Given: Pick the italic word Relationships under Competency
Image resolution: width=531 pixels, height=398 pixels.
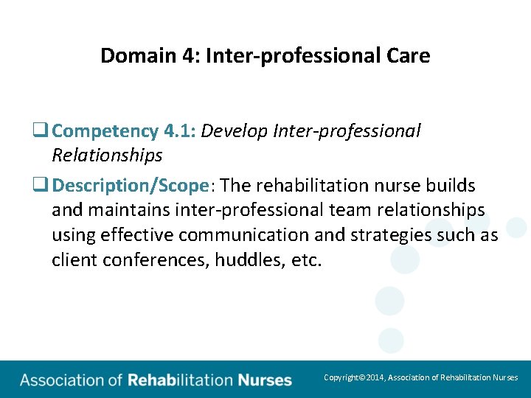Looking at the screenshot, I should [x=107, y=156].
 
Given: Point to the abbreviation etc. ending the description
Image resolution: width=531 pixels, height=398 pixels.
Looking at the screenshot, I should [x=306, y=260].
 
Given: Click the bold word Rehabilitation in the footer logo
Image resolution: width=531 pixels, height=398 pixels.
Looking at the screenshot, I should [x=180, y=380].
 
